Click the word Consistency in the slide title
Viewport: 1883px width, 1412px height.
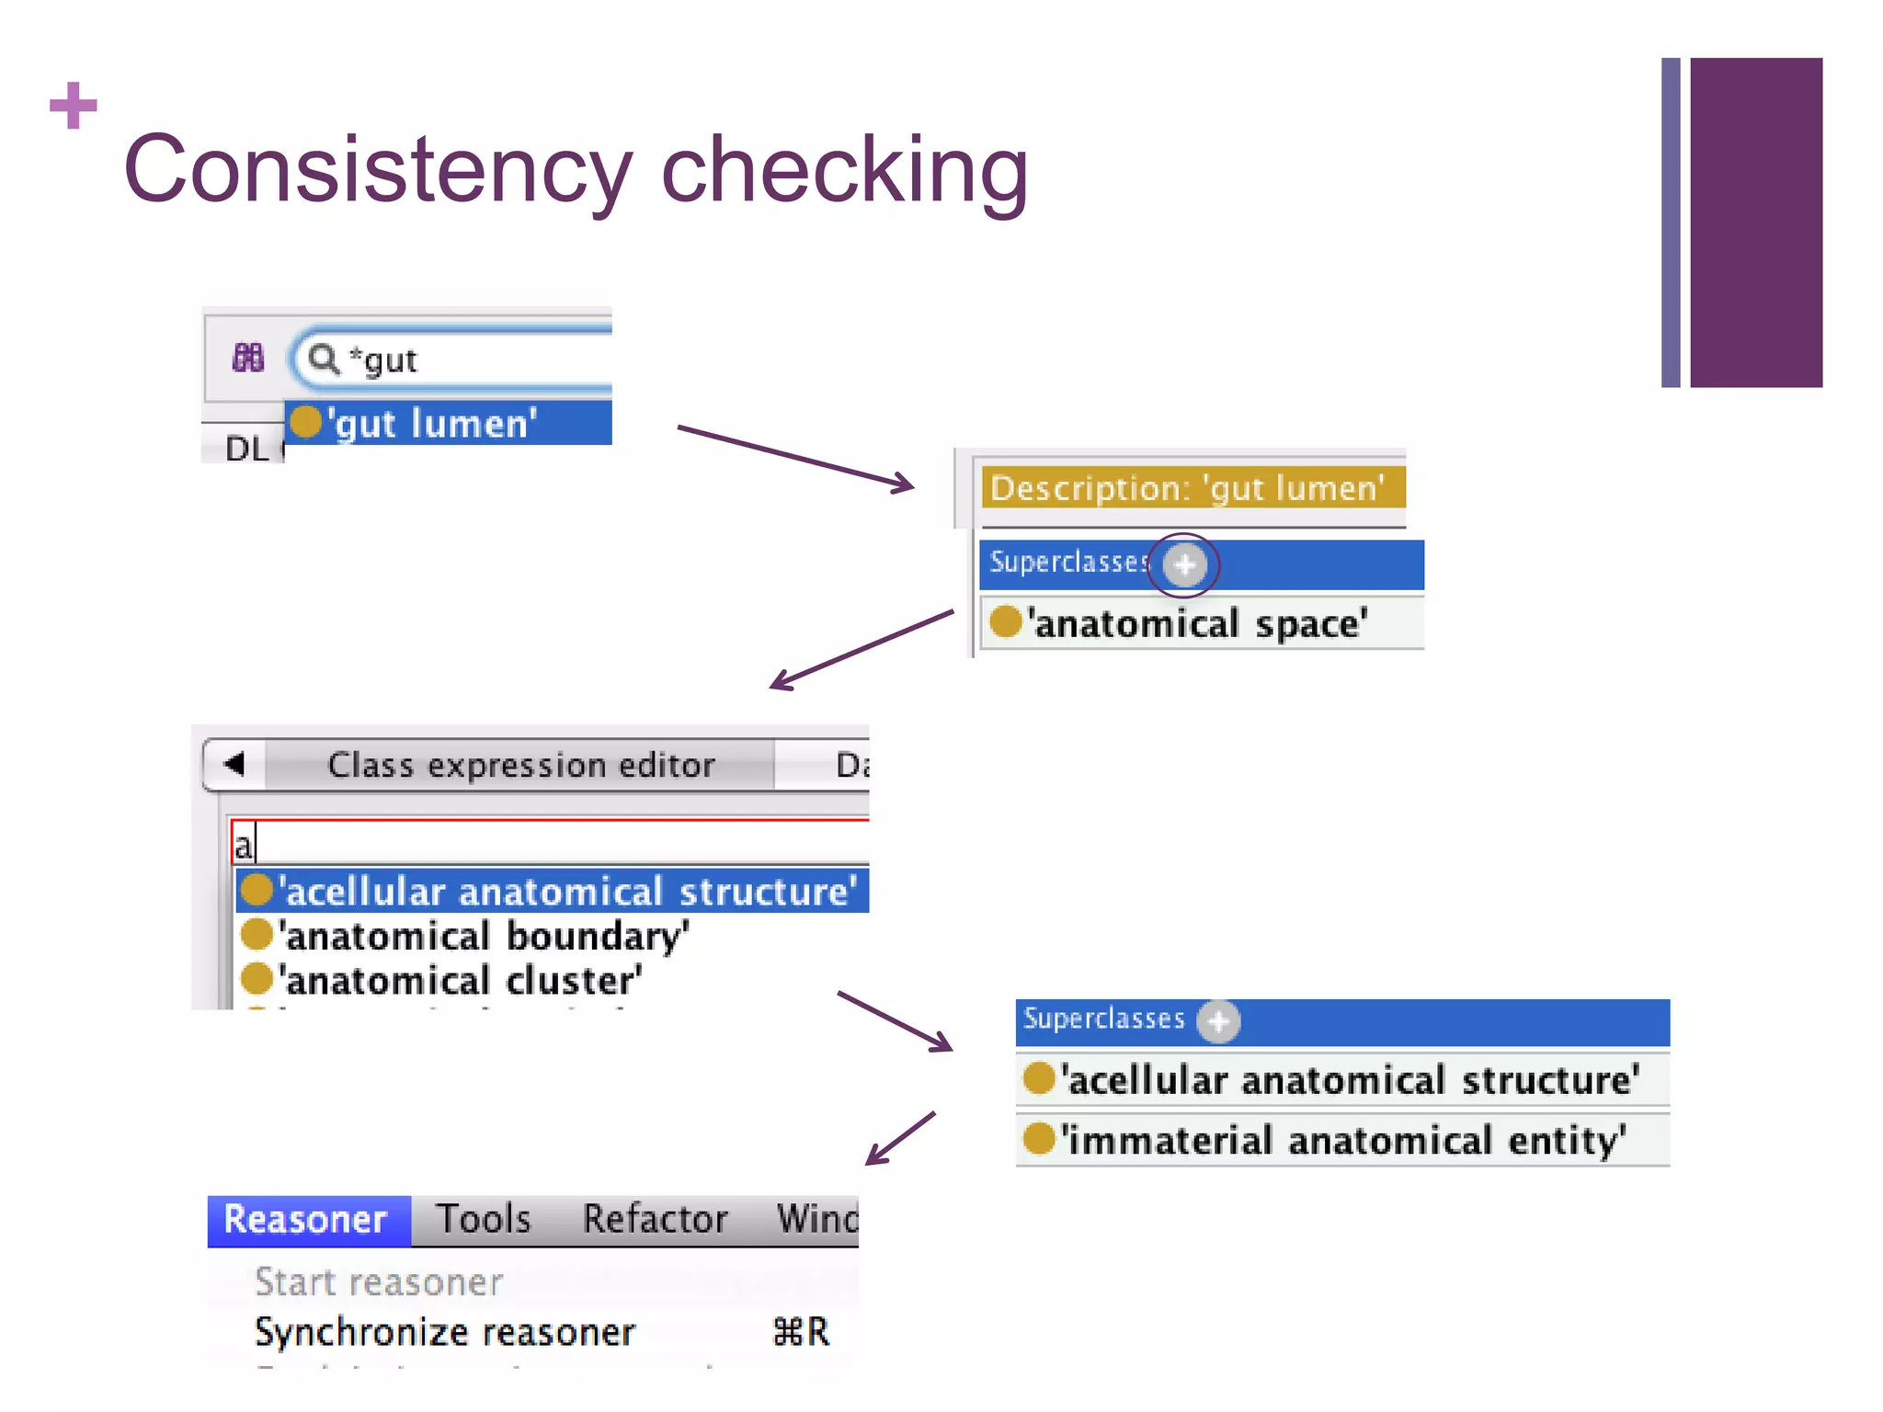(378, 171)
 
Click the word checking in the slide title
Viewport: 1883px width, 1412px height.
(844, 171)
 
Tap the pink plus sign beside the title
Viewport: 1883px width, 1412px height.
(74, 106)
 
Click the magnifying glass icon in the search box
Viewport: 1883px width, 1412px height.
(323, 359)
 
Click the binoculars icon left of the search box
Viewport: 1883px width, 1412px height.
(248, 358)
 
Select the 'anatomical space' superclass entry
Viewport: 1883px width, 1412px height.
(1195, 623)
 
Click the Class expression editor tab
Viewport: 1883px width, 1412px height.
(520, 765)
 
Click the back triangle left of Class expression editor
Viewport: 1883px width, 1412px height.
(234, 764)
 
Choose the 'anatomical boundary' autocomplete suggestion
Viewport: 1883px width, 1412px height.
(484, 936)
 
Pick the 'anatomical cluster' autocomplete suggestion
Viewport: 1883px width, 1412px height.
(460, 980)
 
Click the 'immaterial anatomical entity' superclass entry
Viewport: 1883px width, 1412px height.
(1342, 1140)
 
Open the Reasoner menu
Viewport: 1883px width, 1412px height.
(306, 1220)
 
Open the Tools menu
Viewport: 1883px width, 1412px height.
(484, 1220)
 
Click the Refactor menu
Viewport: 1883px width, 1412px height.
(656, 1220)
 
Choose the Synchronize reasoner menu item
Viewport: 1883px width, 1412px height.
(445, 1332)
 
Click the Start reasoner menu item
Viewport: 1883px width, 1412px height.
(379, 1282)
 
